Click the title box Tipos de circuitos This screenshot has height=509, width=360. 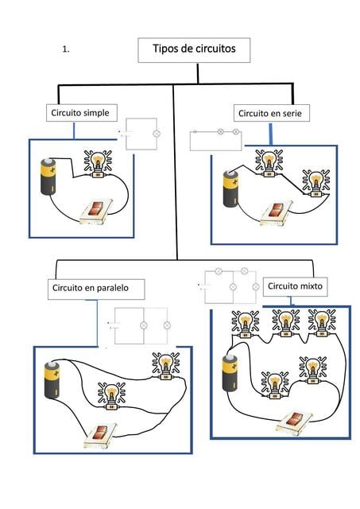194,50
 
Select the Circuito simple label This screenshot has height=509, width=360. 81,113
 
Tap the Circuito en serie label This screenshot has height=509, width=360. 272,113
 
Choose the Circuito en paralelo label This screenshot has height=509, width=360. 96,289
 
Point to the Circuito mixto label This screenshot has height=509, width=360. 295,286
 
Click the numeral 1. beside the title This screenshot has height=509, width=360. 66,49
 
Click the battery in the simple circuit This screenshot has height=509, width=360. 48,177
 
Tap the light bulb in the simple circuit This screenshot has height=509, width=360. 98,164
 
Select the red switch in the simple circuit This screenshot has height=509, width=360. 96,212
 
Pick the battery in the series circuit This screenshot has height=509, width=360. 231,188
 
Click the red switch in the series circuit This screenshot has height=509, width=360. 277,213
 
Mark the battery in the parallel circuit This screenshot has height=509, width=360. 52,380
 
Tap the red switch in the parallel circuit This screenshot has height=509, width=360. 100,435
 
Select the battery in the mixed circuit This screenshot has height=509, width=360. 230,373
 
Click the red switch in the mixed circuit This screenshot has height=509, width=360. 295,422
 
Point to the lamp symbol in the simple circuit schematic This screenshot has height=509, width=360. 157,134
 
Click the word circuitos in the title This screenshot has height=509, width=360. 215,49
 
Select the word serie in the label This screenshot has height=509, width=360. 292,114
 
